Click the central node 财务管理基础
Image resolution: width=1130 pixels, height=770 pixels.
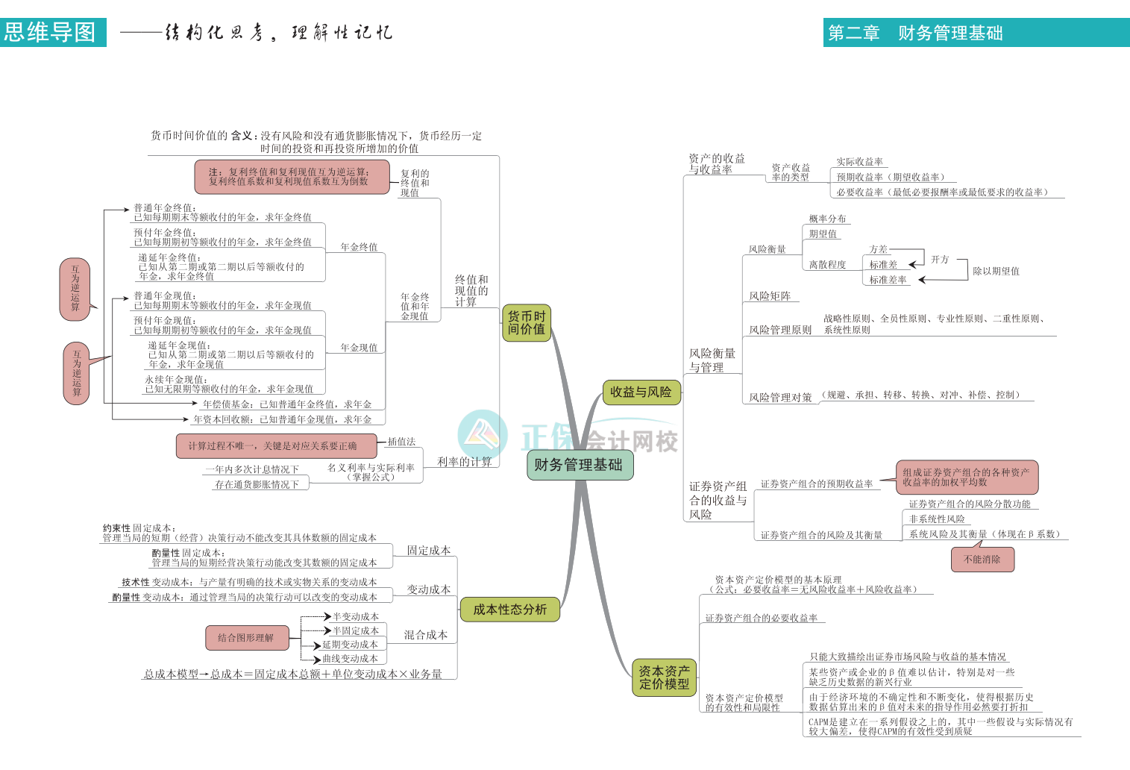579,465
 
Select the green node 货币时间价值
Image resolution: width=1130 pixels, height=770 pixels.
527,322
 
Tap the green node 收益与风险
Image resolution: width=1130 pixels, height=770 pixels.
641,392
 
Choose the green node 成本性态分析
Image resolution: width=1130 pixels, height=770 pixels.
509,610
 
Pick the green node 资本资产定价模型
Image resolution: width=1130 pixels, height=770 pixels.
664,677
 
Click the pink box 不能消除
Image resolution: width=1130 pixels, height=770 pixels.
982,560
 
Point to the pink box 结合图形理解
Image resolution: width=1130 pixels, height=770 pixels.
246,638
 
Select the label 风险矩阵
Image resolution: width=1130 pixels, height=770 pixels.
770,296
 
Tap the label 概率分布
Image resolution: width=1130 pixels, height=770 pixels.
827,219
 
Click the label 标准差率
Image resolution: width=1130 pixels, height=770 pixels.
888,280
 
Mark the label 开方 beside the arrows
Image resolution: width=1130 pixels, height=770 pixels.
940,260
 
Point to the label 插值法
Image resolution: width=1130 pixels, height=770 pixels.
401,442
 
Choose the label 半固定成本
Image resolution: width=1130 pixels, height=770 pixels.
356,630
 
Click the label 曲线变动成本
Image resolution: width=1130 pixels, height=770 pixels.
350,659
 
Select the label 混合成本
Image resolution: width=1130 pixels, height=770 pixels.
426,635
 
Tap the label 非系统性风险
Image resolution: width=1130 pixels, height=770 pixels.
937,519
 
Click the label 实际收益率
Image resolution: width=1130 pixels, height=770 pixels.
859,162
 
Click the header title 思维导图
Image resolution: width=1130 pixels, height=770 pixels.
51,33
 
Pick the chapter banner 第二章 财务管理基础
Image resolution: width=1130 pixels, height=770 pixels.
916,33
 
